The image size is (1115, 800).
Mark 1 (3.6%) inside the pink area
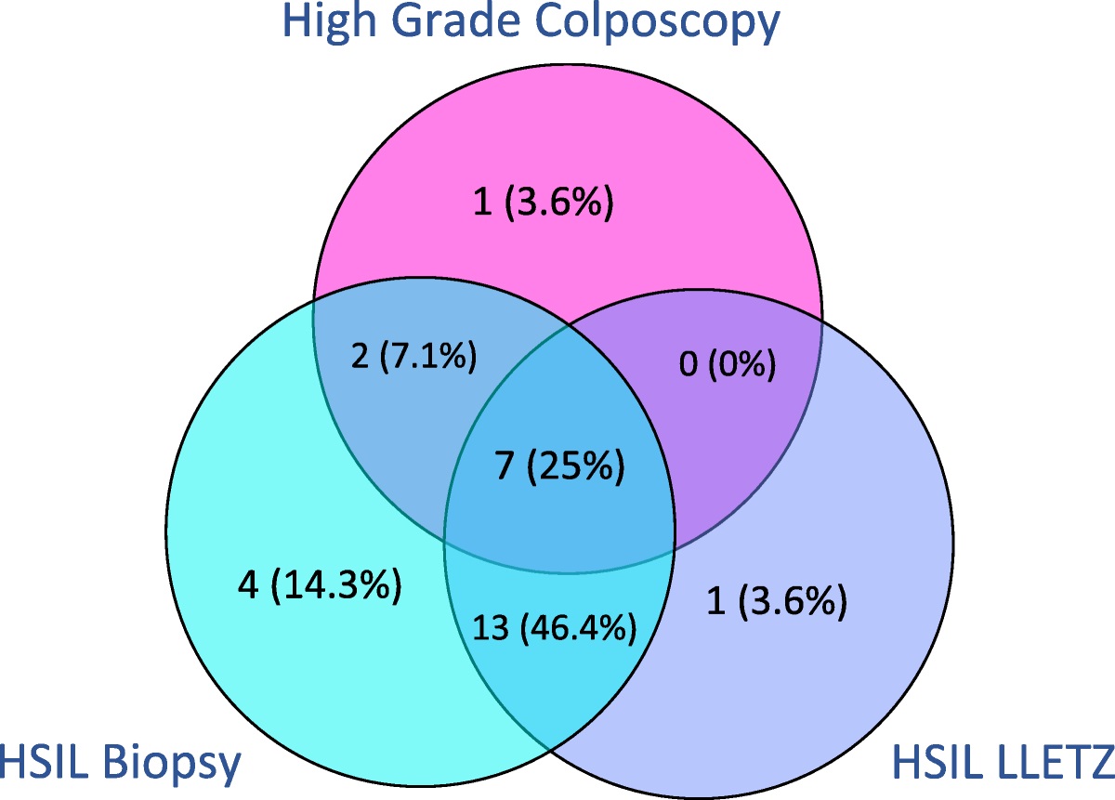pyautogui.click(x=544, y=203)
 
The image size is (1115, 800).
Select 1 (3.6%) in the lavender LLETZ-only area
pyautogui.click(x=777, y=603)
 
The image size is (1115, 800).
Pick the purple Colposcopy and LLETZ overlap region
pyautogui.click(x=743, y=418)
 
